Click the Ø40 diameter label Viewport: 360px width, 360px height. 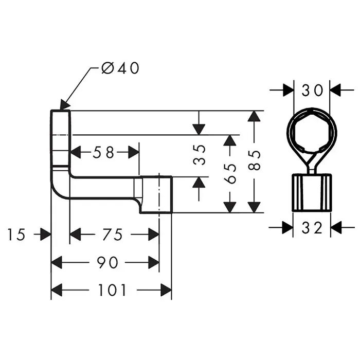pyautogui.click(x=120, y=68)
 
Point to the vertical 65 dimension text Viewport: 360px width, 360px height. pyautogui.click(x=230, y=173)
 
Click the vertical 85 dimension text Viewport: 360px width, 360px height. pyautogui.click(x=254, y=161)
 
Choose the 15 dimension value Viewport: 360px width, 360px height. pyautogui.click(x=16, y=235)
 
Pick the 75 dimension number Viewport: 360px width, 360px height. pyautogui.click(x=113, y=235)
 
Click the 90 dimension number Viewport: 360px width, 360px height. pyautogui.click(x=107, y=262)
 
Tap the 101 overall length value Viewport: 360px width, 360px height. pyautogui.click(x=112, y=290)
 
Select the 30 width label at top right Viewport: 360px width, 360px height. pyautogui.click(x=312, y=91)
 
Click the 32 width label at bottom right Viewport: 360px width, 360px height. pyautogui.click(x=312, y=227)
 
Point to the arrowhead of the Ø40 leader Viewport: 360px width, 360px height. pyautogui.click(x=65, y=105)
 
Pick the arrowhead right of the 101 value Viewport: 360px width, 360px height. pyautogui.click(x=165, y=290)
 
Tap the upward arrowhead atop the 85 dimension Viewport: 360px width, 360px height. pyautogui.click(x=252, y=117)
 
